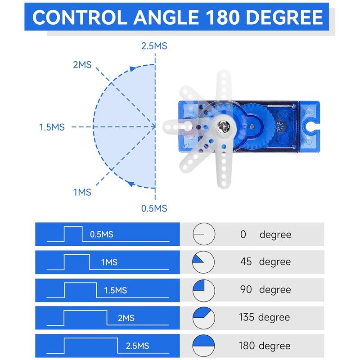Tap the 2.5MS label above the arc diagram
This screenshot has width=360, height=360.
154,45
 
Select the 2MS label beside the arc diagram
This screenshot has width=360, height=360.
82,65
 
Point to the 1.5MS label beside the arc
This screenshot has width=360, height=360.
52,127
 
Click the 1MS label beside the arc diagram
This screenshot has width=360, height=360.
82,192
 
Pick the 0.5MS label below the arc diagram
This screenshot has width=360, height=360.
154,208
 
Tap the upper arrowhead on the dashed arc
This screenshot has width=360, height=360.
133,68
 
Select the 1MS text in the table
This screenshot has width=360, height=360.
109,262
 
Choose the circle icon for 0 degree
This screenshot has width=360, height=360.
204,234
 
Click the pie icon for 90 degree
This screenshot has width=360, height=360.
204,290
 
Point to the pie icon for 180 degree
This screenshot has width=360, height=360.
204,346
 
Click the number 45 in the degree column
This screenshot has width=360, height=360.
246,262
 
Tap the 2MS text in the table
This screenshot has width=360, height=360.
126,318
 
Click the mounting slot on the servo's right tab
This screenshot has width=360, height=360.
311,127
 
